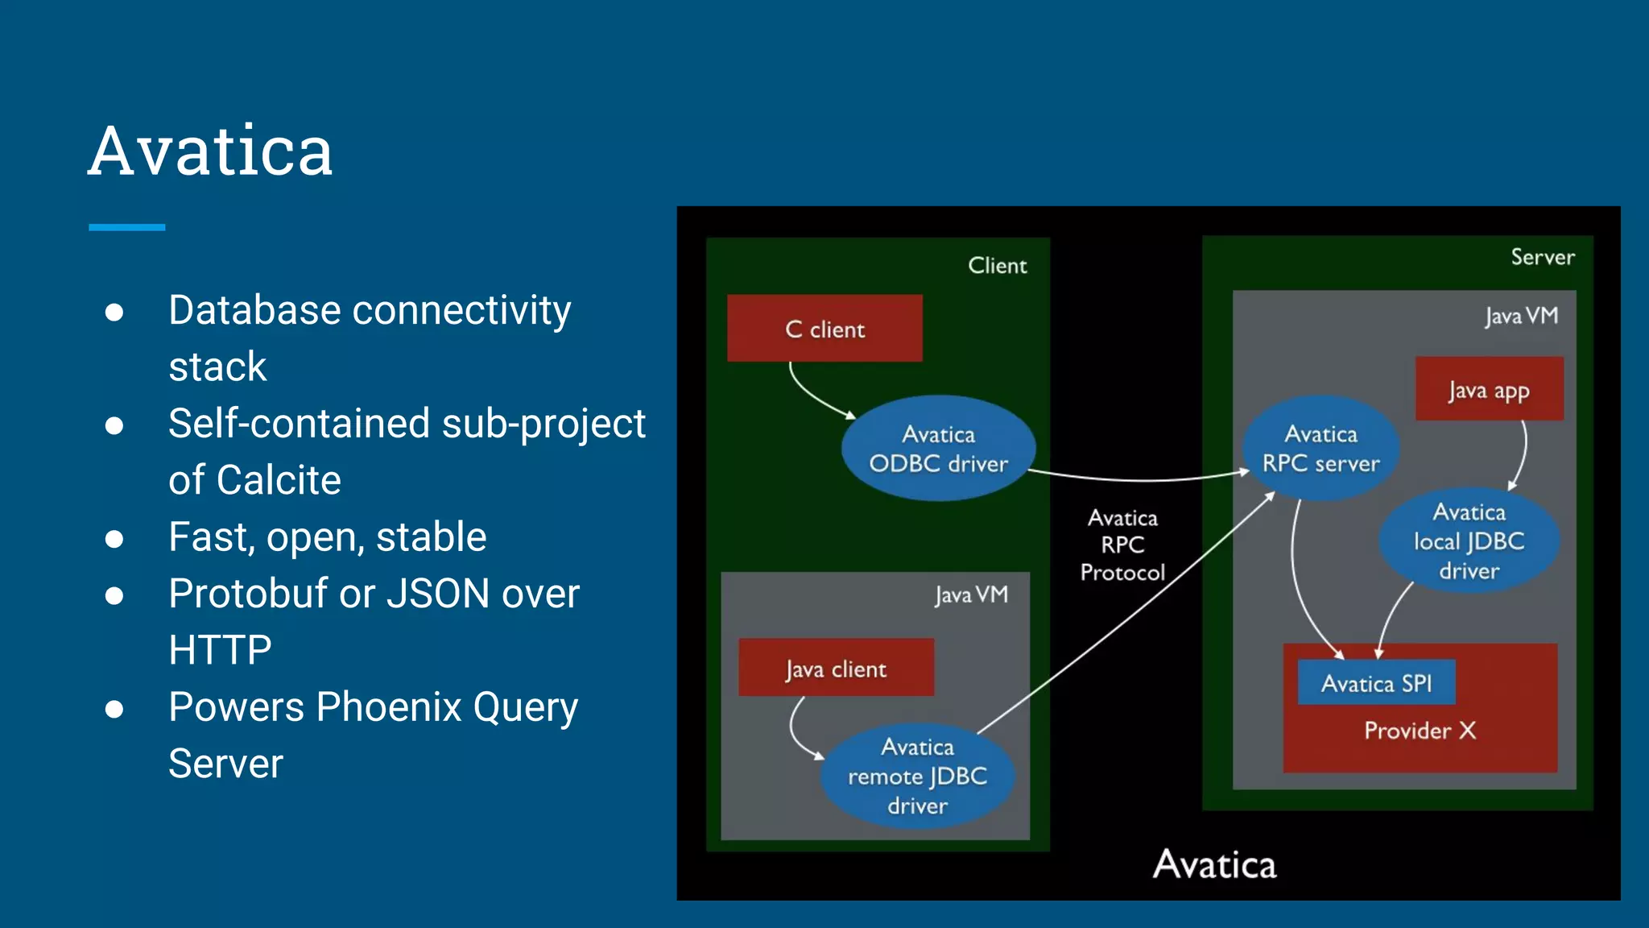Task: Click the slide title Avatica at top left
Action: (210, 151)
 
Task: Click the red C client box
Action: (824, 328)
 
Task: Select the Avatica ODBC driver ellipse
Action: (938, 449)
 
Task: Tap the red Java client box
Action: (836, 668)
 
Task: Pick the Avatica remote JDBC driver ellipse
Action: (917, 776)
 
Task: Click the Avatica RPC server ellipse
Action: (1320, 449)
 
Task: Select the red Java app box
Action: (1489, 389)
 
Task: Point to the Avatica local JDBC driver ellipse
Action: (1469, 541)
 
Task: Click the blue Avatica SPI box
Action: (1376, 683)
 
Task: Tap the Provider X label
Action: (1420, 731)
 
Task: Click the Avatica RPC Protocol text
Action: (1122, 545)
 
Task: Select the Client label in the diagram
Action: (997, 266)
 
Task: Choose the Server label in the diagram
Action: (1542, 257)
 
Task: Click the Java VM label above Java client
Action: (971, 594)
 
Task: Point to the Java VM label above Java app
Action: (1521, 316)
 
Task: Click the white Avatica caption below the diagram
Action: (1214, 864)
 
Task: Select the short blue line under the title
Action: (126, 227)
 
